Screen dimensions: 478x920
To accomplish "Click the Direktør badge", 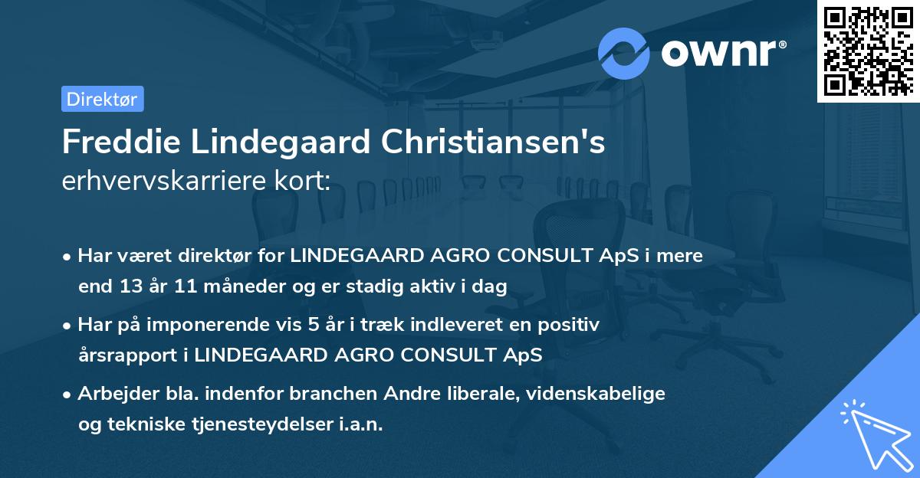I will pos(102,99).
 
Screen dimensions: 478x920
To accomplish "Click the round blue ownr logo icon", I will pos(624,54).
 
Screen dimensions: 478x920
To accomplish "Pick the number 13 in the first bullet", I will pos(127,287).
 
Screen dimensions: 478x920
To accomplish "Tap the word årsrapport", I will pos(117,356).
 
